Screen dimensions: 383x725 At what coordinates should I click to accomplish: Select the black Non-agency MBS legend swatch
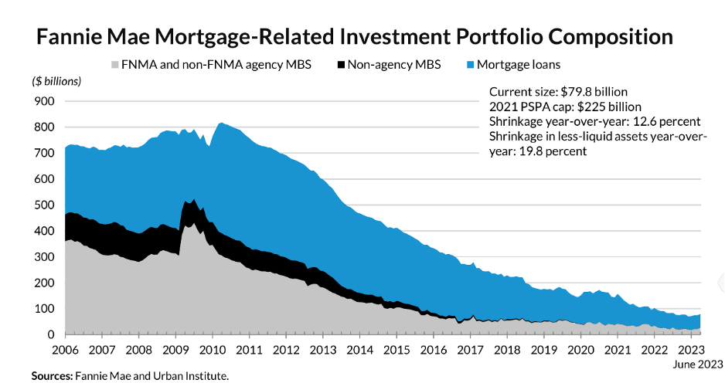(x=337, y=65)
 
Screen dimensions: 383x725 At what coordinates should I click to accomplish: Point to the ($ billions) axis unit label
(x=56, y=81)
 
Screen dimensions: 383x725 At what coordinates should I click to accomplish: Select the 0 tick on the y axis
(x=50, y=334)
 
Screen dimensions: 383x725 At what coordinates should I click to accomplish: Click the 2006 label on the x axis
(x=65, y=350)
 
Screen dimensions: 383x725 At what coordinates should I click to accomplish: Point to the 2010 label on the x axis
(x=212, y=350)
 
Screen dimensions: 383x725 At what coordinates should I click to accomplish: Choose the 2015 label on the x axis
(x=397, y=350)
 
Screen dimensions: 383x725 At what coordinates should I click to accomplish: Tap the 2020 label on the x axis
(x=580, y=350)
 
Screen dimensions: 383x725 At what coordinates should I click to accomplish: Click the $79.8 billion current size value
(x=591, y=92)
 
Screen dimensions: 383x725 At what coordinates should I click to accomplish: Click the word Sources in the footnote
(x=50, y=376)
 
